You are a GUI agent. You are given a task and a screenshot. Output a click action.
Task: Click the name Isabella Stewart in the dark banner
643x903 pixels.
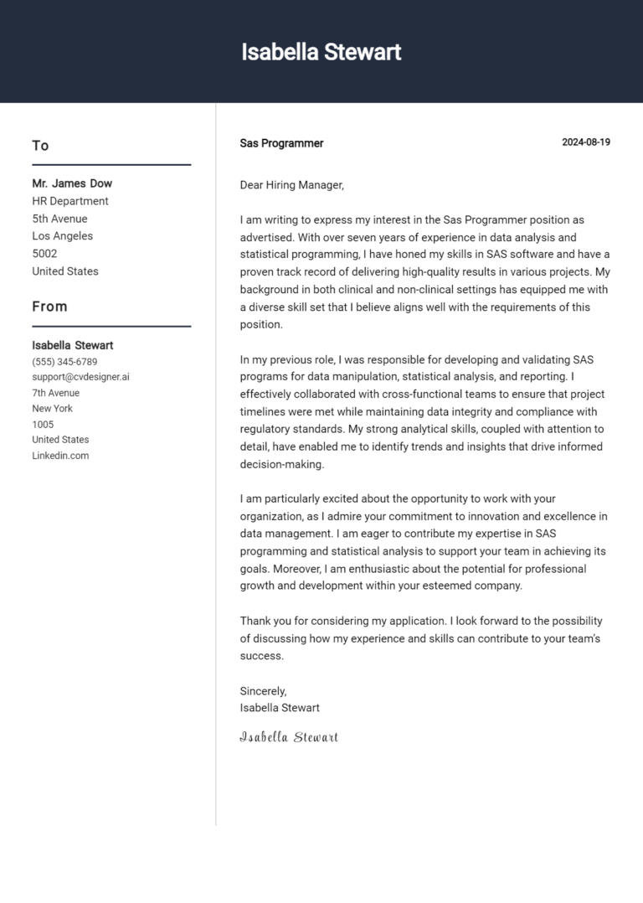coord(321,52)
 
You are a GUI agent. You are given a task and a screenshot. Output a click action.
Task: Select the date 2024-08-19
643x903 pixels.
coord(585,142)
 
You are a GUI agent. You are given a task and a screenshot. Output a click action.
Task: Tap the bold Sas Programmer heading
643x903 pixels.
coord(281,143)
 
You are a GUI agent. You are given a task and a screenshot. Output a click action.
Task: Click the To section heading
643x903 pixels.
coord(40,146)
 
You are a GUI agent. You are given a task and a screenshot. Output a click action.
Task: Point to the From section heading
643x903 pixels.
coord(49,307)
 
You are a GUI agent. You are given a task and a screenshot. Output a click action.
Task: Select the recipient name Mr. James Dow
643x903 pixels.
coord(72,183)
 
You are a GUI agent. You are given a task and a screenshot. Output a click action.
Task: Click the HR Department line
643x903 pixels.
coord(70,201)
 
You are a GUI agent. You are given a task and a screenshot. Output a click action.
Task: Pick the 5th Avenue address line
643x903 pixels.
coord(59,219)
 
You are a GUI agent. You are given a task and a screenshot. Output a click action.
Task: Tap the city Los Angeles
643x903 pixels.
coord(63,236)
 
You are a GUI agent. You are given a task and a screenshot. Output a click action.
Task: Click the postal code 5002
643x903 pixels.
coord(44,254)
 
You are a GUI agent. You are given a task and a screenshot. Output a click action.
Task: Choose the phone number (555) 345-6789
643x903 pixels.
coord(64,362)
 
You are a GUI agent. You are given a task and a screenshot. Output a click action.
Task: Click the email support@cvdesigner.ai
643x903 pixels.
coord(80,377)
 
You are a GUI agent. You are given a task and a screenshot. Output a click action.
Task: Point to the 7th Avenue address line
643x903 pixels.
coord(56,393)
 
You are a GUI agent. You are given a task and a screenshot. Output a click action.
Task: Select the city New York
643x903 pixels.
coord(52,409)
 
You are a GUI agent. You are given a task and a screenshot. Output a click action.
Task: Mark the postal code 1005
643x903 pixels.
coord(43,425)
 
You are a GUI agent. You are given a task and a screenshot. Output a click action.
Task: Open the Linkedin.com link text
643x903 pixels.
coord(60,456)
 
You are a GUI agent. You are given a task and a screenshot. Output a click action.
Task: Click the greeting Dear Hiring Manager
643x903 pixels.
coord(291,185)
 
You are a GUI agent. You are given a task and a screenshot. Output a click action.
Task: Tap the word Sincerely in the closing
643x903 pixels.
coord(263,691)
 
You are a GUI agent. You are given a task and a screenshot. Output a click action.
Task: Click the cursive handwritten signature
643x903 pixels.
coord(289,737)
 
